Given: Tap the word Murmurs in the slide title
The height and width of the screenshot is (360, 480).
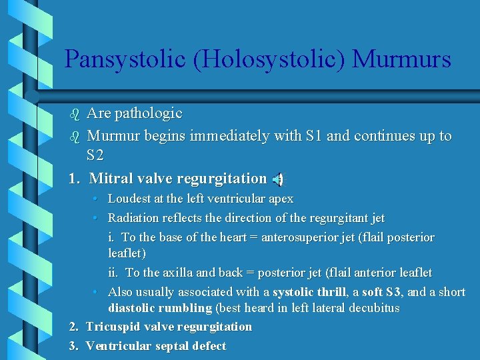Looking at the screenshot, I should pos(401,59).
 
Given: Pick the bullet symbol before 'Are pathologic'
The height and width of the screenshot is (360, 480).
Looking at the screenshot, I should pos(74,114).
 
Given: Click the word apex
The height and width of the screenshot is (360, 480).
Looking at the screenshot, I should pos(280,199).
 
